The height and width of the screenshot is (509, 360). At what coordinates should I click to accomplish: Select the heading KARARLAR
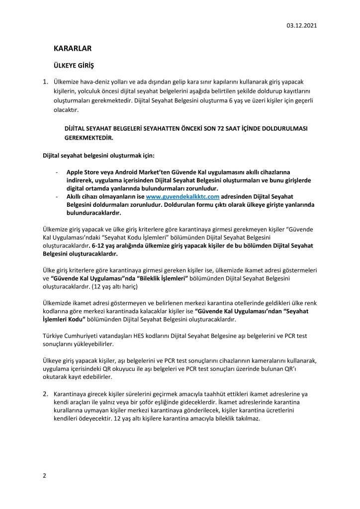click(x=73, y=49)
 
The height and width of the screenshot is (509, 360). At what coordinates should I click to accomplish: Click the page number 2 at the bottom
click(x=44, y=475)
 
